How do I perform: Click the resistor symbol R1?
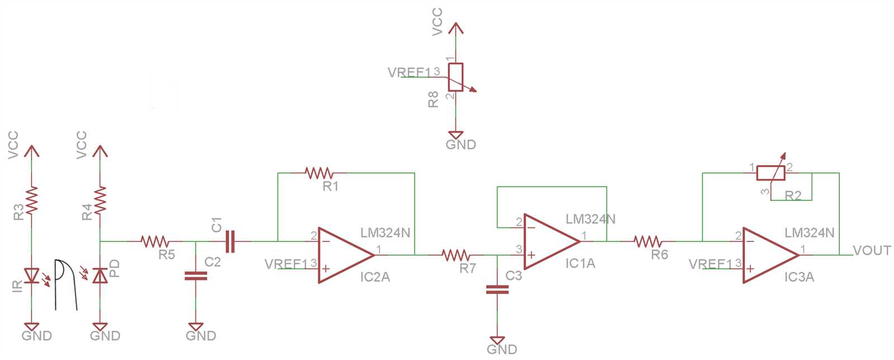pos(319,173)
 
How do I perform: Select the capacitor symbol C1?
pos(230,241)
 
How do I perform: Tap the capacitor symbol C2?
pos(196,276)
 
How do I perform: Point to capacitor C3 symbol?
pos(497,290)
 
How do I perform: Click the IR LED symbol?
pos(32,275)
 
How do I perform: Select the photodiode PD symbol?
pos(100,275)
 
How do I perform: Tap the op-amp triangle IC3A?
pos(768,255)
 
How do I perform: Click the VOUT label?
pos(872,250)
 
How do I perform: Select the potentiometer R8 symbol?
pos(456,77)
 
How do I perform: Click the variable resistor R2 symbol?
pos(771,173)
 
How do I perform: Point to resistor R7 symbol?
pos(456,255)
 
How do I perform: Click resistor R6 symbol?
pos(648,241)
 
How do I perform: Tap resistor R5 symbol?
pos(155,241)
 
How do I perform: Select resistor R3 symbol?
pos(32,200)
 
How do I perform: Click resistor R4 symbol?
pos(100,200)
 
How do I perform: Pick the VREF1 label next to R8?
pos(410,73)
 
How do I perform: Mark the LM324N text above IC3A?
pos(809,233)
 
